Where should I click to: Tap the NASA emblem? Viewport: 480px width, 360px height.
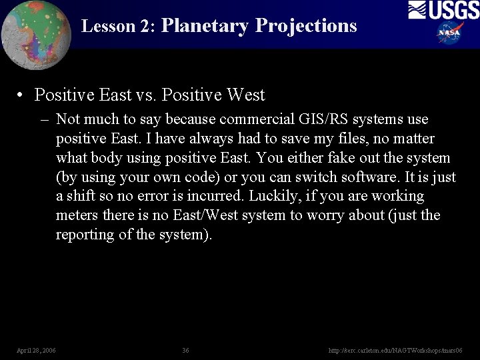[x=450, y=32]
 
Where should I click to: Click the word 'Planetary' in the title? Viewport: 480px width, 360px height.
[x=205, y=26]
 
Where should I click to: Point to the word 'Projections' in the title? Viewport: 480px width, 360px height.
[x=306, y=26]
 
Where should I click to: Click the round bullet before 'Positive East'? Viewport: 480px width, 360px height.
[x=23, y=96]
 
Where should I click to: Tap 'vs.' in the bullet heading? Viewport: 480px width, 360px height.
[x=147, y=95]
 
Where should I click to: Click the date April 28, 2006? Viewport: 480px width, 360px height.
[x=37, y=350]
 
